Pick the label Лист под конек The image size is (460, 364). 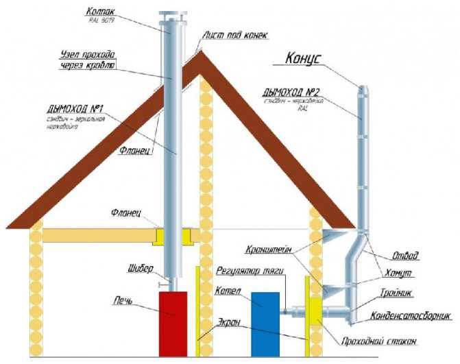[234, 34]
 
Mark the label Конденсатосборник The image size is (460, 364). [411, 316]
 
